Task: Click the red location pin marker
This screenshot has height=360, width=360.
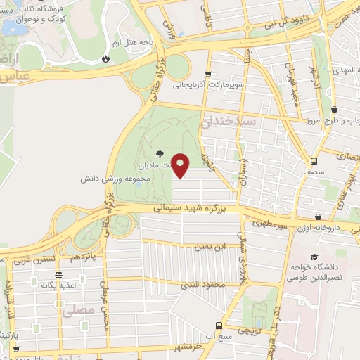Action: pyautogui.click(x=181, y=165)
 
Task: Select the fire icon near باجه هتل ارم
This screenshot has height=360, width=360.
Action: pyautogui.click(x=106, y=59)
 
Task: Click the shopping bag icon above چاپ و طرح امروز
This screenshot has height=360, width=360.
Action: pyautogui.click(x=334, y=109)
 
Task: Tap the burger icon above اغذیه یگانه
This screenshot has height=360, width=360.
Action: pyautogui.click(x=59, y=274)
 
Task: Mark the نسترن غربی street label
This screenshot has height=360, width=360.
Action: pyautogui.click(x=32, y=259)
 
